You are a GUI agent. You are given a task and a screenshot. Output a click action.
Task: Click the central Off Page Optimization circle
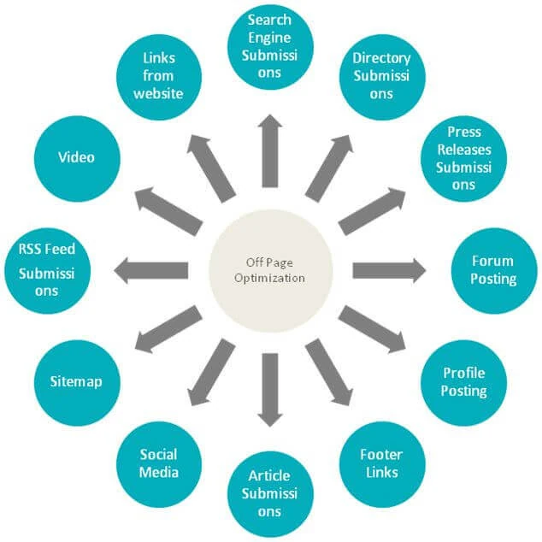tap(270, 271)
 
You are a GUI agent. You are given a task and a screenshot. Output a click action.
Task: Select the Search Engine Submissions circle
tap(270, 47)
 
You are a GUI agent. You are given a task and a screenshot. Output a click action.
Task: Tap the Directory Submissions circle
tap(382, 77)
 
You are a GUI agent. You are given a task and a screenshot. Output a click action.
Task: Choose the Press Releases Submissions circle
tap(463, 159)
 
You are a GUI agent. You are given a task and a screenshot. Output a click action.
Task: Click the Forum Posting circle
tap(494, 271)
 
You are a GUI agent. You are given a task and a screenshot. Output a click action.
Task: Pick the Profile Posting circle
tap(463, 383)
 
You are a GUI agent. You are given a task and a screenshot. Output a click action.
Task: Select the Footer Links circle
tap(382, 464)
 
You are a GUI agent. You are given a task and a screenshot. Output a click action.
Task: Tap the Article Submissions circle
tap(270, 494)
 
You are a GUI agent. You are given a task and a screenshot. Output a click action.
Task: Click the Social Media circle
tap(159, 464)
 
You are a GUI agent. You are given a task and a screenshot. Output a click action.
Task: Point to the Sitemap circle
tap(77, 383)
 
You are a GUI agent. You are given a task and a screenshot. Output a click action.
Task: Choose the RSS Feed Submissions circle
tap(47, 271)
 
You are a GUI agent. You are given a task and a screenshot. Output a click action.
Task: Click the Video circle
tap(77, 159)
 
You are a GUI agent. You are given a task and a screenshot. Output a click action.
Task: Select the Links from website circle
tap(159, 77)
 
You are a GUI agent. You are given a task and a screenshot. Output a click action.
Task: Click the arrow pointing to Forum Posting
tap(389, 271)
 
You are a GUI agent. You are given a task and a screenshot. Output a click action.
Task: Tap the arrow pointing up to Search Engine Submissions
tap(270, 150)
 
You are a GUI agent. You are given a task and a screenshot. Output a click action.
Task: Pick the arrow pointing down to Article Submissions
tap(270, 390)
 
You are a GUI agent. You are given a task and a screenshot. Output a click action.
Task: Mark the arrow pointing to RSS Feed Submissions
tap(150, 271)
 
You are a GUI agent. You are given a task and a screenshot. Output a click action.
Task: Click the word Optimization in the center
tap(269, 278)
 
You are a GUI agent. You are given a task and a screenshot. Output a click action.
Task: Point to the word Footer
tap(381, 455)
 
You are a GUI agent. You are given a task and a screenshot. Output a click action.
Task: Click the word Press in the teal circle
tap(464, 132)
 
